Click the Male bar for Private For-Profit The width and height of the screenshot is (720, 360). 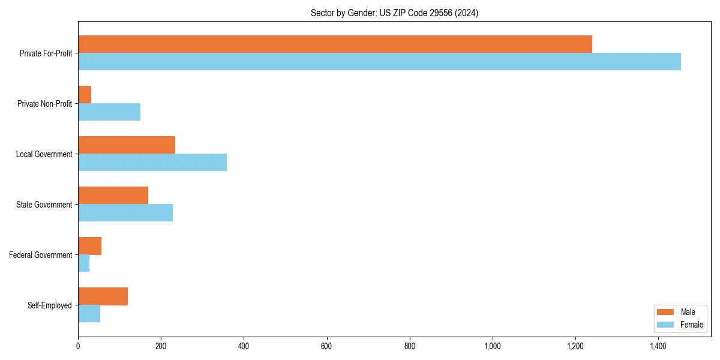point(335,44)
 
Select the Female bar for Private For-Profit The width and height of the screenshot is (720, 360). point(379,62)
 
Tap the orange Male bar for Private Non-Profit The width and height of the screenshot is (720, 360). point(85,95)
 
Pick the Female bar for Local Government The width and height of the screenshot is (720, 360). point(152,163)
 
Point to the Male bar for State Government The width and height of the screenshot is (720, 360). point(113,196)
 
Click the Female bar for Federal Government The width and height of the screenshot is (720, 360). point(84,263)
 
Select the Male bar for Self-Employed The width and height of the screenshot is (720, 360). point(103,296)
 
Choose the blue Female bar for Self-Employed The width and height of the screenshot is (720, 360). point(89,314)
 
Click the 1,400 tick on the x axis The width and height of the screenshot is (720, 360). point(658,346)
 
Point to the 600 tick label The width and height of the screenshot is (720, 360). point(326,346)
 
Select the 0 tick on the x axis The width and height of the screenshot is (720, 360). point(78,346)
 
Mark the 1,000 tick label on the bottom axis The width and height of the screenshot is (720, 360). point(493,346)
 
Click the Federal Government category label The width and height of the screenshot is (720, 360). point(41,255)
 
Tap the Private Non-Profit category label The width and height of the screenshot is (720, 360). point(44,104)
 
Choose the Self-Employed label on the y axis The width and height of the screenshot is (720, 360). point(50,305)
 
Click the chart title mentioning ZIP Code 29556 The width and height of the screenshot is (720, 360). point(394,13)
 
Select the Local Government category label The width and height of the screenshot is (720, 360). point(44,154)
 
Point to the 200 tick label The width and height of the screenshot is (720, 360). point(161,346)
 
